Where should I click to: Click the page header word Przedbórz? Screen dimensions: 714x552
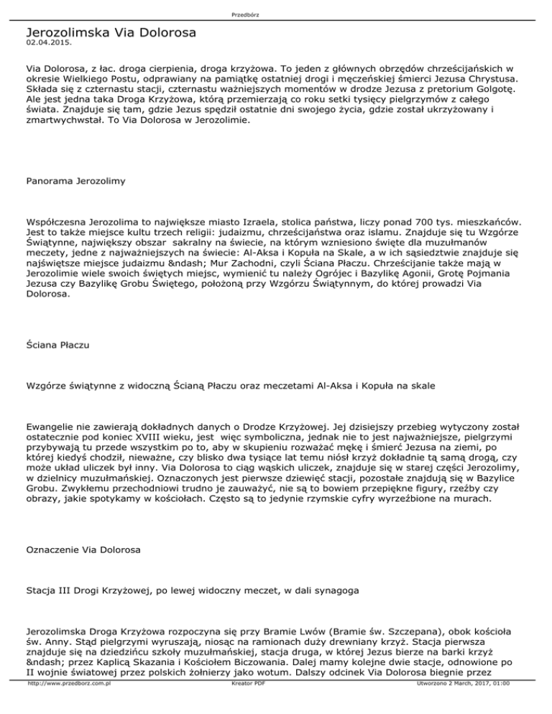(275, 11)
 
